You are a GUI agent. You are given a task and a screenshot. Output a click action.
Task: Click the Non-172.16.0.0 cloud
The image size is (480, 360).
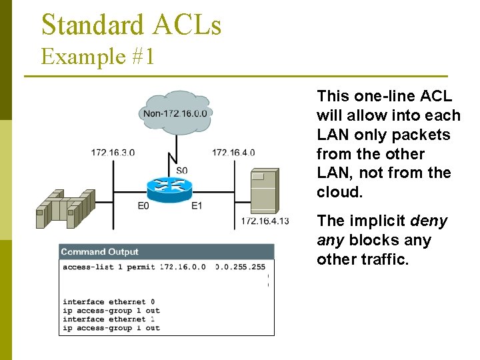pyautogui.click(x=175, y=113)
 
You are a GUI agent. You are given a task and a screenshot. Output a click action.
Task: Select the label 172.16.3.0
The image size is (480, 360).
pyautogui.click(x=113, y=153)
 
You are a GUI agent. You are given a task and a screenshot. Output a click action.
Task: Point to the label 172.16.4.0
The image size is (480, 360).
pyautogui.click(x=233, y=153)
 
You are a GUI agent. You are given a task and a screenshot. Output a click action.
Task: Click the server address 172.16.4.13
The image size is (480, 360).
pyautogui.click(x=265, y=221)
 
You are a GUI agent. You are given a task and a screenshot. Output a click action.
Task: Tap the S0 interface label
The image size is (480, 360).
pyautogui.click(x=181, y=171)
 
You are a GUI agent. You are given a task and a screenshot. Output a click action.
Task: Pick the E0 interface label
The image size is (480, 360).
pyautogui.click(x=143, y=206)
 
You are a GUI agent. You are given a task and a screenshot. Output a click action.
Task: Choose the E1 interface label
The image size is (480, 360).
pyautogui.click(x=196, y=206)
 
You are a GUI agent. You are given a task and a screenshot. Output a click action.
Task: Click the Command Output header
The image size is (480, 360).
pyautogui.click(x=100, y=252)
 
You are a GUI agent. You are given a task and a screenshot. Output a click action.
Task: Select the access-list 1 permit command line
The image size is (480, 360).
pyautogui.click(x=110, y=267)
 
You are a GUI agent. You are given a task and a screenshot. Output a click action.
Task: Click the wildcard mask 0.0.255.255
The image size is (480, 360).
pyautogui.click(x=240, y=267)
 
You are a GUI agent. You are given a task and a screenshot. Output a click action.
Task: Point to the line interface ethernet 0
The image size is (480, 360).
pyautogui.click(x=109, y=302)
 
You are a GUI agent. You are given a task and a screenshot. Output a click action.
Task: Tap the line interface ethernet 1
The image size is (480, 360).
pyautogui.click(x=109, y=319)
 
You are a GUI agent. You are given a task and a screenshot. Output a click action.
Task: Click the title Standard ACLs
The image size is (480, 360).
pyautogui.click(x=131, y=25)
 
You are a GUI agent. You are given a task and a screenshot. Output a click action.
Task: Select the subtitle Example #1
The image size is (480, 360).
pyautogui.click(x=98, y=57)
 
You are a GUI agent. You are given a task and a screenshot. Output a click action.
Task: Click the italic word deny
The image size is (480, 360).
pyautogui.click(x=429, y=221)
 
